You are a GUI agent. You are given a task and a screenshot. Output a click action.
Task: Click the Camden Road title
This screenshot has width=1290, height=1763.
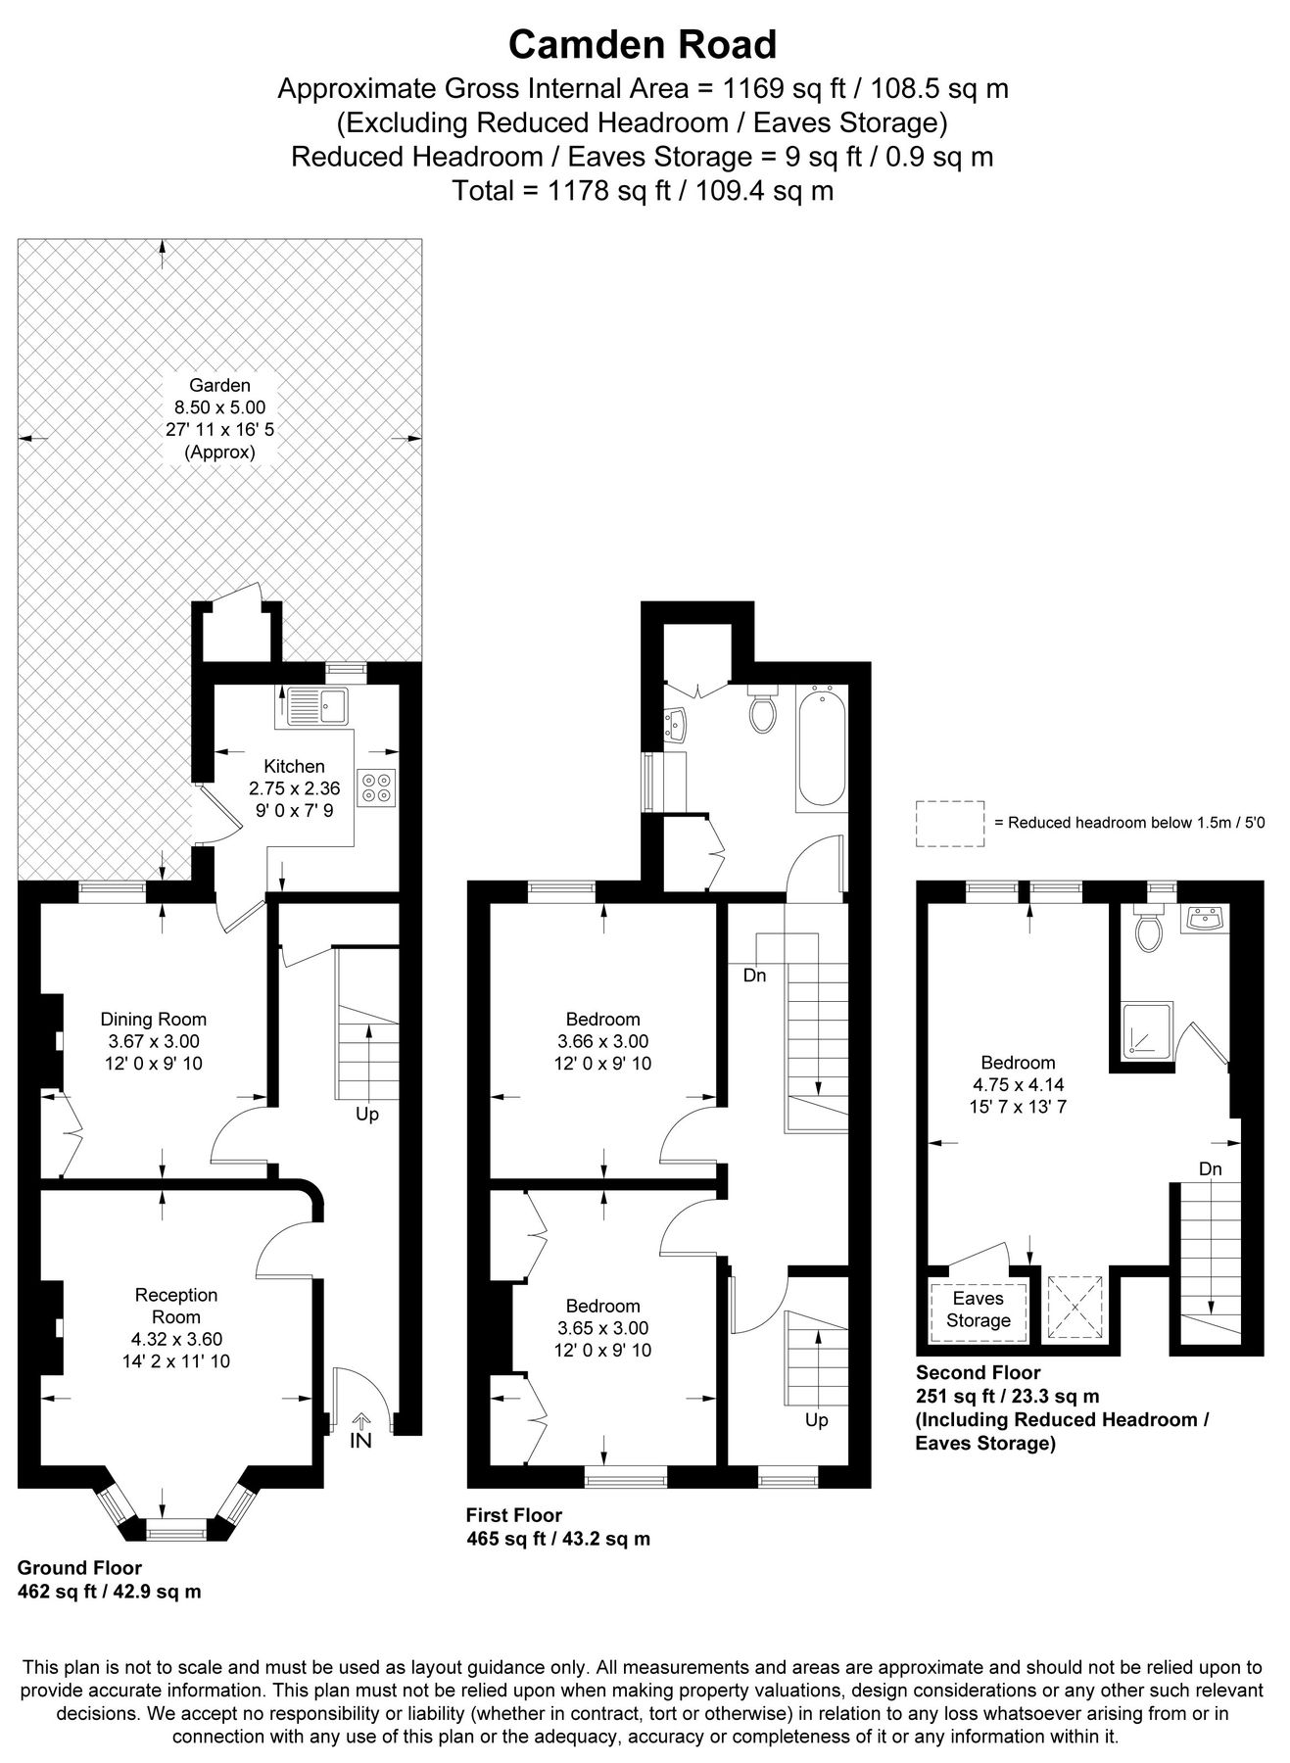643,45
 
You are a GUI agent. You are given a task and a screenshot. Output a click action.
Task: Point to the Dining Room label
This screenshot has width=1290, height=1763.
154,1019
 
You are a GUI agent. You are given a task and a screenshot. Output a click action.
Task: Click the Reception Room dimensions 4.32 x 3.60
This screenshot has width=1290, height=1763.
176,1339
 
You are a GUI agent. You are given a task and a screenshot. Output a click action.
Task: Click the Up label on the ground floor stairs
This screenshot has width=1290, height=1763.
366,1115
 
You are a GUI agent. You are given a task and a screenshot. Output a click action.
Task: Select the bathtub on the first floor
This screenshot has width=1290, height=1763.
821,746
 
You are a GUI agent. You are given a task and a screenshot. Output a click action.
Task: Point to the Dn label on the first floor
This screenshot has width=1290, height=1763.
754,976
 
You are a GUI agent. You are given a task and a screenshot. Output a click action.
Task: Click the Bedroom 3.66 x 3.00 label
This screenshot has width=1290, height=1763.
602,1041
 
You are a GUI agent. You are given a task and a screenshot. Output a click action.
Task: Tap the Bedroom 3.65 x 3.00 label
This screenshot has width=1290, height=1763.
602,1327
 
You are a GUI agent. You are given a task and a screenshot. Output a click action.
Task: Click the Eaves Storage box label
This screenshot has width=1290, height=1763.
978,1310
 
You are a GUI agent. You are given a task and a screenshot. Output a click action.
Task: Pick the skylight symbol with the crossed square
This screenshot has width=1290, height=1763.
1075,1306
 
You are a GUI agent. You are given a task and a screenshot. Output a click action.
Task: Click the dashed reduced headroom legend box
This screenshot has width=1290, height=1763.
949,823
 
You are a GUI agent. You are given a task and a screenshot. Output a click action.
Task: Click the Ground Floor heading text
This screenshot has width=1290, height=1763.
79,1568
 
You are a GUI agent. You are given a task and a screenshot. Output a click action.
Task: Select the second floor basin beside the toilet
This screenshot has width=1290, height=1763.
1204,920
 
